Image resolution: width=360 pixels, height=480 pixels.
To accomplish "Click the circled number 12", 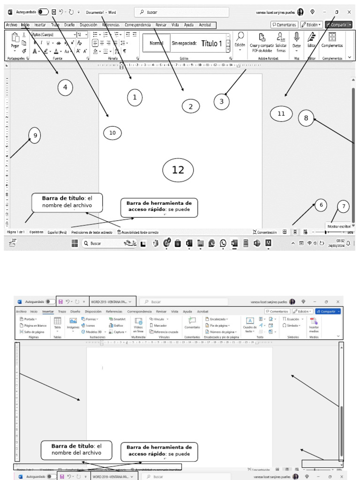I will [178, 170].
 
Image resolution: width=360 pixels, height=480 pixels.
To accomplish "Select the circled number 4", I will [65, 87].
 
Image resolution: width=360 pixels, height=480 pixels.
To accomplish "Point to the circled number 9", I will [34, 136].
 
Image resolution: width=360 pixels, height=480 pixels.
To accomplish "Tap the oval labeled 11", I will [281, 113].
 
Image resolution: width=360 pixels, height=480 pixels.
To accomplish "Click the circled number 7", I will [344, 206].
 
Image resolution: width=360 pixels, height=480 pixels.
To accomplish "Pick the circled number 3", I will [221, 101].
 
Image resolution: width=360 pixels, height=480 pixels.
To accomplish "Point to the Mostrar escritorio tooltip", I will [338, 226].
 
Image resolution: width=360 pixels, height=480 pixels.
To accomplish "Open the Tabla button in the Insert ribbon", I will [57, 323].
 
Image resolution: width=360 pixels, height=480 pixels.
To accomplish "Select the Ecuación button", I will [292, 319].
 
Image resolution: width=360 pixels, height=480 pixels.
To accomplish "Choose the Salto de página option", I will [33, 331].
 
